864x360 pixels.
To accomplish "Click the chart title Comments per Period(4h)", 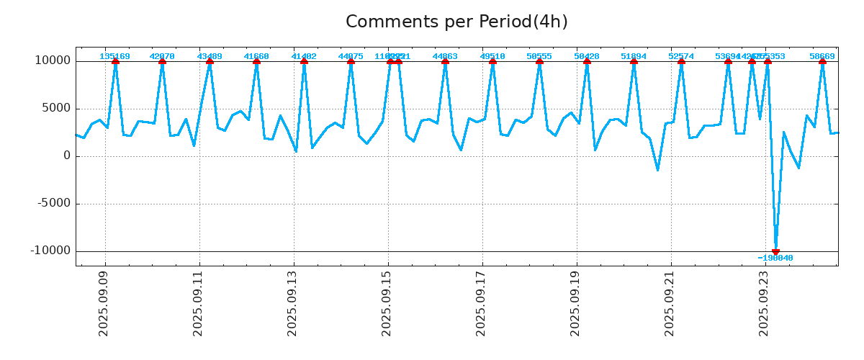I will pos(456,22).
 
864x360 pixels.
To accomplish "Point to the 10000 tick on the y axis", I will pos(53,60).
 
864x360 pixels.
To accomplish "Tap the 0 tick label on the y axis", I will pos(67,156).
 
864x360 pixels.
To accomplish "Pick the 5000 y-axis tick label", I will pos(55,108).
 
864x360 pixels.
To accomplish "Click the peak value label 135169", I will pos(115,56).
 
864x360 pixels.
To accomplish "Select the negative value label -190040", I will pos(775,258).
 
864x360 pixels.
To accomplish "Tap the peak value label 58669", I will pos(822,56).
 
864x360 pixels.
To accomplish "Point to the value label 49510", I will pos(492,56).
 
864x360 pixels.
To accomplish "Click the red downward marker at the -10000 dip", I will pos(775,251).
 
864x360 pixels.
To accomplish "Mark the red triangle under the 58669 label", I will pos(822,61).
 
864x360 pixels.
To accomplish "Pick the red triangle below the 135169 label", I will pos(115,61).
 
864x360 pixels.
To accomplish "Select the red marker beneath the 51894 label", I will pos(634,61).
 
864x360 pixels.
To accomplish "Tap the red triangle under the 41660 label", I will pos(256,61).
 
